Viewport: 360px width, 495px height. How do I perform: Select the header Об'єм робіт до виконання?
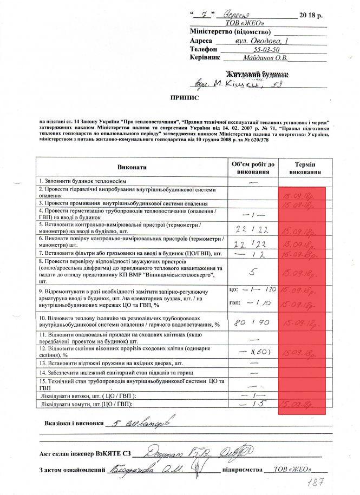coord(253,168)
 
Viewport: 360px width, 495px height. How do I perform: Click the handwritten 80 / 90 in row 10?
coord(252,324)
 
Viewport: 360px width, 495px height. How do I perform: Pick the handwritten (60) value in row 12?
coord(258,352)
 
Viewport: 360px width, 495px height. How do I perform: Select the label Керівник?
coord(205,58)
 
